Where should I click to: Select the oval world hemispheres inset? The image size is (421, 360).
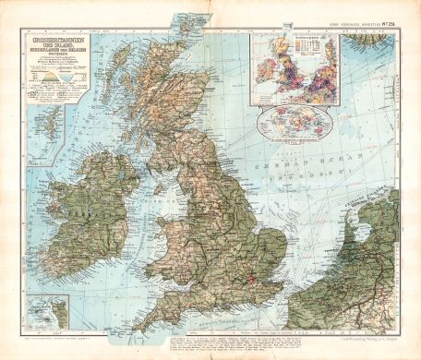click(x=294, y=123)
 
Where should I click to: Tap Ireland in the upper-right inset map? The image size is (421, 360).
click(x=268, y=68)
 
